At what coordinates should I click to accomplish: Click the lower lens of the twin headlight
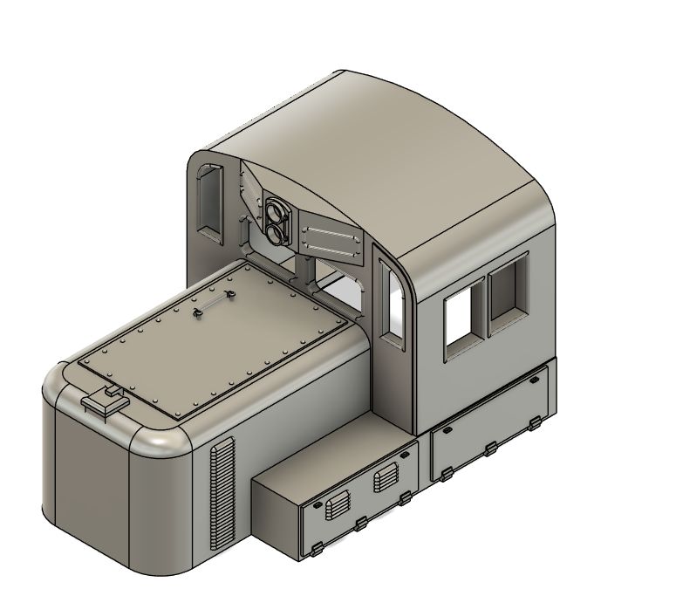tap(278, 232)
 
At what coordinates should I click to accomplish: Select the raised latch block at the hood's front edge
tap(104, 402)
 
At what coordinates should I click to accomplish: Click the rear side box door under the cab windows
tap(488, 427)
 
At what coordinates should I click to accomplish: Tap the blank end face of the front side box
tap(275, 515)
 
